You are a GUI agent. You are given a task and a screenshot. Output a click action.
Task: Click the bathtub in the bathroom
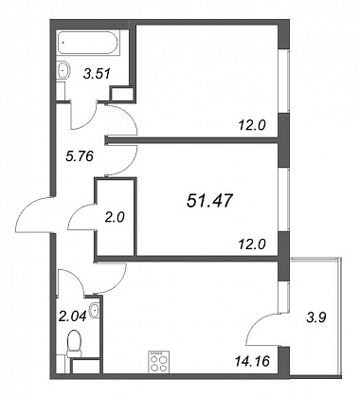(x=88, y=43)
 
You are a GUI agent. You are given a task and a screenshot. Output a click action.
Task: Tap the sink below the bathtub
(x=63, y=69)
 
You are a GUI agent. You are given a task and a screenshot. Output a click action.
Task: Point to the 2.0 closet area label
(x=116, y=217)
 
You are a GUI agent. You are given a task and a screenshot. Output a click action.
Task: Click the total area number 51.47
(x=209, y=201)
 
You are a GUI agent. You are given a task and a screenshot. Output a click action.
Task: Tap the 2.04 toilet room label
(x=73, y=316)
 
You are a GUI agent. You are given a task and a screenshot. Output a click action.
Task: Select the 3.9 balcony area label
(x=316, y=317)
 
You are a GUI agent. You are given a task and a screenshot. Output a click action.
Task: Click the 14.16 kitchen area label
(x=254, y=361)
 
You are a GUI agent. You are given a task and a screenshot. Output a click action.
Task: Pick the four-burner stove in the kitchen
(x=159, y=362)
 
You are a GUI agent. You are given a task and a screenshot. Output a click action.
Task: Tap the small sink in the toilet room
(x=95, y=310)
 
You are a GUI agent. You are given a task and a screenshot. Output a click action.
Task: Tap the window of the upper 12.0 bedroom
(x=283, y=81)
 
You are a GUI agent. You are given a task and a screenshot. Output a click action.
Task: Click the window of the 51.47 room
(x=283, y=200)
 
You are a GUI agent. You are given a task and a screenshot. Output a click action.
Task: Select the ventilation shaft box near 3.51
(x=121, y=94)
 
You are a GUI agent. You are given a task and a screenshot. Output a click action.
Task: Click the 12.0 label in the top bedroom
(x=251, y=126)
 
